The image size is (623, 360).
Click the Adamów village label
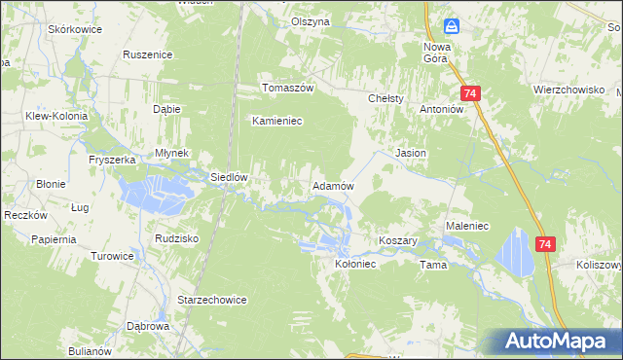tap(331, 185)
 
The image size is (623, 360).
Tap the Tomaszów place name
tap(287, 88)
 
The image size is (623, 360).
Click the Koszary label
tap(397, 240)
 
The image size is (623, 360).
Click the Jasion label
tap(410, 154)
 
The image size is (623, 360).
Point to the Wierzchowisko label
tap(563, 88)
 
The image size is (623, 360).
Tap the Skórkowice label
tap(75, 30)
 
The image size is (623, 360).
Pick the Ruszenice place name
tap(148, 55)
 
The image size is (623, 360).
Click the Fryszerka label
tap(110, 159)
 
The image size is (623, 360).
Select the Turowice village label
tap(112, 256)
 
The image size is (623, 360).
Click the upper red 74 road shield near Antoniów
tap(471, 93)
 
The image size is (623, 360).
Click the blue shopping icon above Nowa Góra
tap(452, 25)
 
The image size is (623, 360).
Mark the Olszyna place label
tap(311, 21)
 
